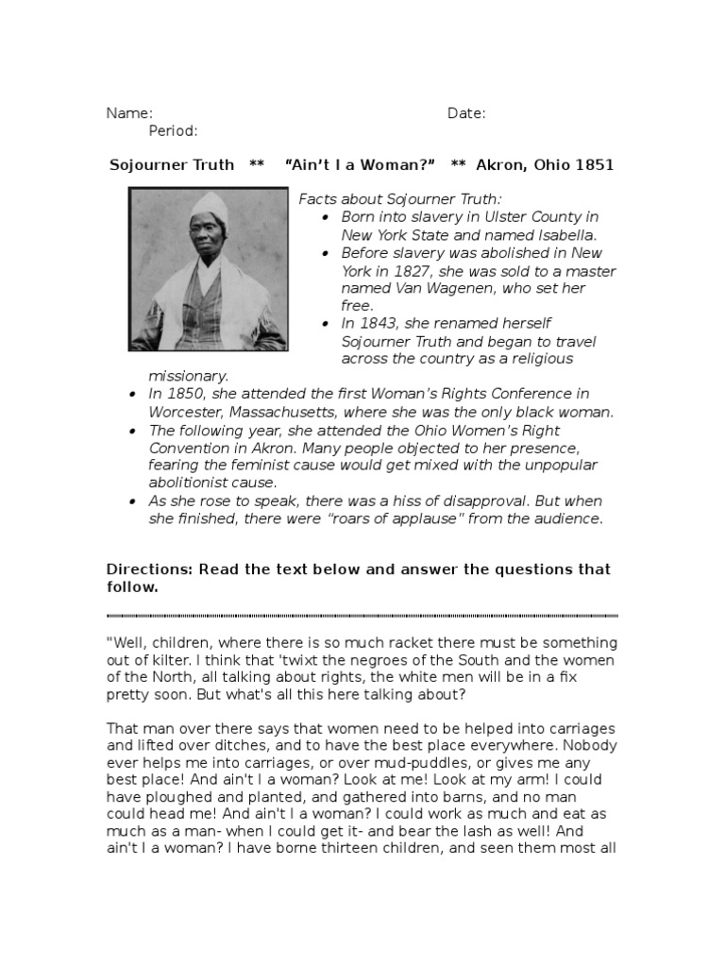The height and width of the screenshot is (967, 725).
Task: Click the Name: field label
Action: (129, 113)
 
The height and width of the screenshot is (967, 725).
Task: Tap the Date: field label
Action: (466, 113)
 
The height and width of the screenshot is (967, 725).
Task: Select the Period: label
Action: (173, 130)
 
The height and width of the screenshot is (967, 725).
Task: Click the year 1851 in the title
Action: (595, 165)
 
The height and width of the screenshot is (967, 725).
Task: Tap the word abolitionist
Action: (193, 482)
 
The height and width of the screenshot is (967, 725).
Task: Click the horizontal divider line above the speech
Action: (362, 615)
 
